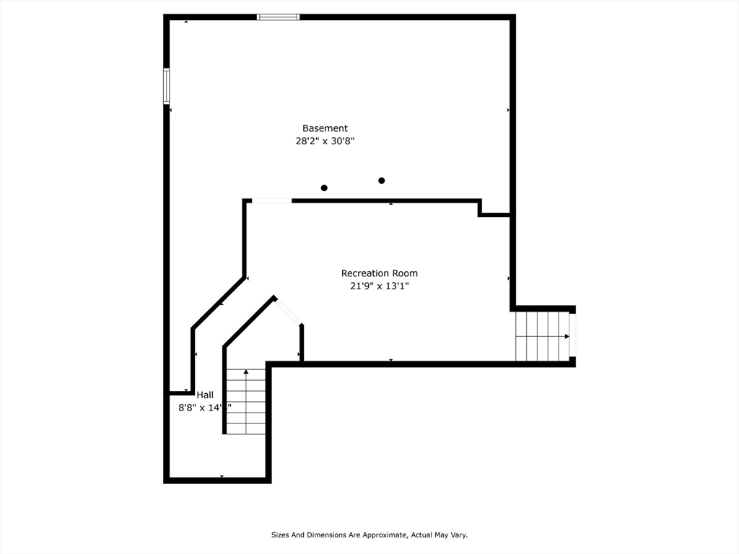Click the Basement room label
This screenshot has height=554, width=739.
point(325,128)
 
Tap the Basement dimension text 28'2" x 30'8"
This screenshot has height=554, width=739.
point(325,142)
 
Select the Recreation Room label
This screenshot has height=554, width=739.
point(379,273)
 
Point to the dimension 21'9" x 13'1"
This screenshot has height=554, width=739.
point(379,286)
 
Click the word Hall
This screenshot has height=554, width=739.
point(205,395)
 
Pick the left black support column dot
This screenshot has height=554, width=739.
point(324,188)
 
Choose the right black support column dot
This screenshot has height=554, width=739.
point(382,180)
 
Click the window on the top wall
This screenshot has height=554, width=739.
point(278,17)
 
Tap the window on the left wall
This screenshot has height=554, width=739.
point(167,87)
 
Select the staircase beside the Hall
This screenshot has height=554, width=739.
point(246,402)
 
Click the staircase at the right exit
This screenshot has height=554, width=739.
point(541,336)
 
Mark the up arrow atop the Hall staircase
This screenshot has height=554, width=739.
point(246,372)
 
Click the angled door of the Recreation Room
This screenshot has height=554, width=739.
point(289,311)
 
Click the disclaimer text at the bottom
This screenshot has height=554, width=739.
point(369,535)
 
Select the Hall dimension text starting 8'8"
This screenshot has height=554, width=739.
point(204,408)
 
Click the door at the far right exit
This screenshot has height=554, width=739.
point(572,336)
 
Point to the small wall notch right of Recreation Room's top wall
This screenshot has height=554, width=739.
point(494,209)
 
